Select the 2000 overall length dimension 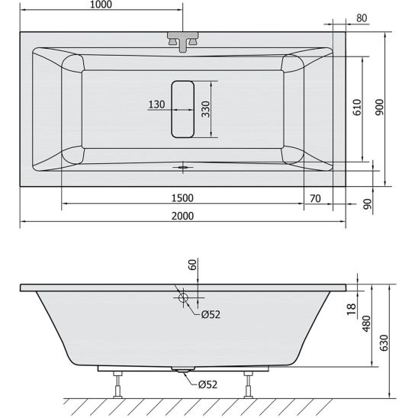coord(182,215)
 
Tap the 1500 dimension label coord(182,198)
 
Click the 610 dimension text coord(356,108)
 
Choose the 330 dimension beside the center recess coord(205,110)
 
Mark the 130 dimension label coord(157,104)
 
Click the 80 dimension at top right coord(362,18)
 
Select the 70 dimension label coord(316,198)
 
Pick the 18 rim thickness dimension coord(351,308)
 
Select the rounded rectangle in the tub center coord(183,109)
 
